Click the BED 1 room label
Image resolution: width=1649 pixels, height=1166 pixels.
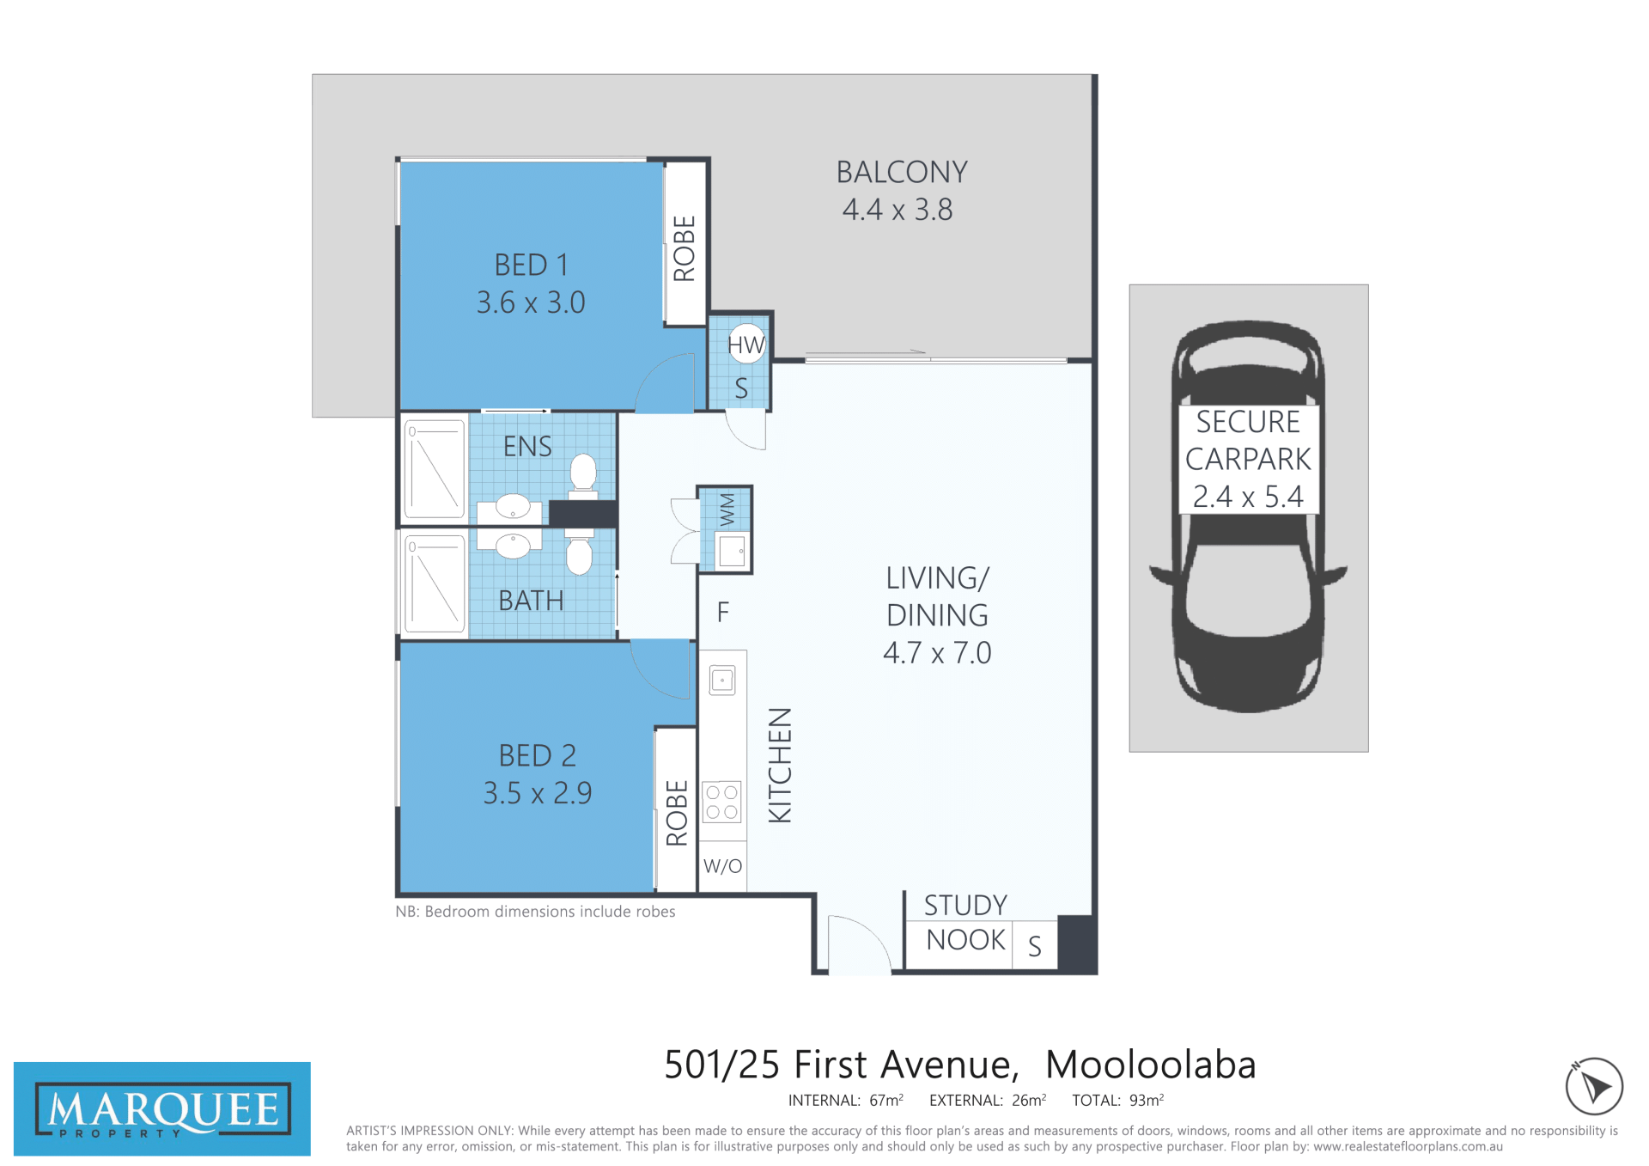532,265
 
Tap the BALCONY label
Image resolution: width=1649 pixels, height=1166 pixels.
902,173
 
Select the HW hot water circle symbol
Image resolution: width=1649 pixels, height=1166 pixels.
746,344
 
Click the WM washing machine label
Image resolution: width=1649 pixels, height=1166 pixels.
727,509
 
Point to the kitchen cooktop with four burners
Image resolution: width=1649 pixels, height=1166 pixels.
722,802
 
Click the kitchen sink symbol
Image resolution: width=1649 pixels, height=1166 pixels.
722,681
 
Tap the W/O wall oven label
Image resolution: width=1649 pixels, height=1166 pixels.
722,866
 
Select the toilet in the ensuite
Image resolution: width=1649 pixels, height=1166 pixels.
583,476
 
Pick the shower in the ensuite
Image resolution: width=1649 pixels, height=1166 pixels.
435,468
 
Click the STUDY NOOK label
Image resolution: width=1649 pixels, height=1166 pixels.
965,923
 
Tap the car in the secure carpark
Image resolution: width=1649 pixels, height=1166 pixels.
1248,516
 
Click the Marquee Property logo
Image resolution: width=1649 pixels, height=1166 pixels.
162,1108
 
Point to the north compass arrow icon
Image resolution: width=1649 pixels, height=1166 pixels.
1594,1086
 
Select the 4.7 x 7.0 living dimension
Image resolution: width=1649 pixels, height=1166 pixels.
937,653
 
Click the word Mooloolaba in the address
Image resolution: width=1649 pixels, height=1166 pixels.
1151,1065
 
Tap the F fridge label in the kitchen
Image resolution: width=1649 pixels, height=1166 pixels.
723,613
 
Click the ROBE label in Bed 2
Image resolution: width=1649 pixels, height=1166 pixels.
677,813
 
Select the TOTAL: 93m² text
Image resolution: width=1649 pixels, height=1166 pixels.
1118,1100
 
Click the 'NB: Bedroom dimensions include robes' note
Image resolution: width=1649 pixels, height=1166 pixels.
535,912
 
